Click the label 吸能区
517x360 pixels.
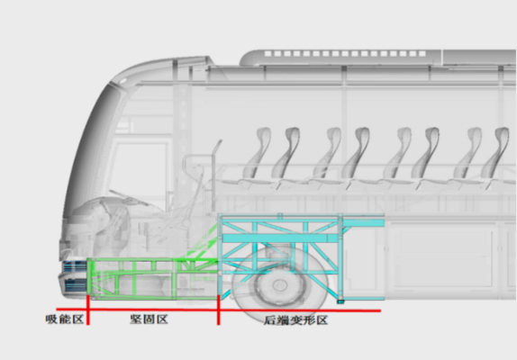[x=65, y=319]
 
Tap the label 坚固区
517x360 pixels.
[x=149, y=319]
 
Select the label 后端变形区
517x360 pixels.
[x=295, y=320]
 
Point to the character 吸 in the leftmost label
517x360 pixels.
[x=51, y=319]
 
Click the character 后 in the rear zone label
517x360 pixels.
[x=270, y=320]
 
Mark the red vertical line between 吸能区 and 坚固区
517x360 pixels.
[x=88, y=310]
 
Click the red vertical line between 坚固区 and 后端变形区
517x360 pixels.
[x=218, y=310]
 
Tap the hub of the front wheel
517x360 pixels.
[x=279, y=284]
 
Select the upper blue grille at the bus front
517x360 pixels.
[x=75, y=265]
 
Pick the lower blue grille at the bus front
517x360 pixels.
[x=76, y=285]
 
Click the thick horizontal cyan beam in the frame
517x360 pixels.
[x=280, y=238]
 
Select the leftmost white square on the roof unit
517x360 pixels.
[x=268, y=53]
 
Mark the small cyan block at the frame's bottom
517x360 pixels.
[x=340, y=301]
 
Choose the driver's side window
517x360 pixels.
[x=141, y=171]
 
